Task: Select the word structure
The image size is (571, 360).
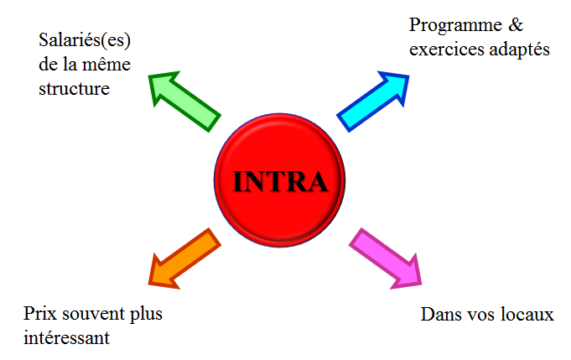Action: click(74, 87)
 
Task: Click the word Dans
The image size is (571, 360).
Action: click(439, 316)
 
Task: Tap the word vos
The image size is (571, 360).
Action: click(482, 316)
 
